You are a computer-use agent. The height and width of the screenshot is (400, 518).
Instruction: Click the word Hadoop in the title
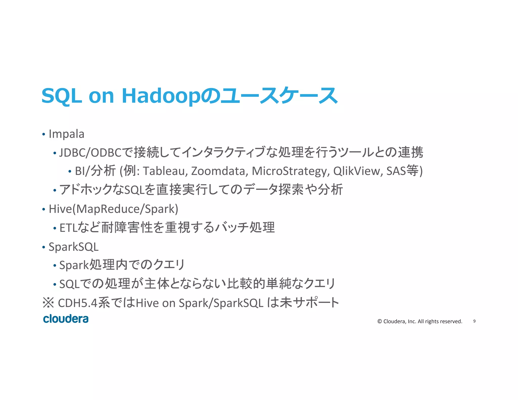pyautogui.click(x=161, y=96)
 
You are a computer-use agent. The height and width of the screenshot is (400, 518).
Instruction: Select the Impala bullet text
pyautogui.click(x=66, y=134)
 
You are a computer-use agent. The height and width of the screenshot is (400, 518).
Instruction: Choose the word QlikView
pyautogui.click(x=356, y=171)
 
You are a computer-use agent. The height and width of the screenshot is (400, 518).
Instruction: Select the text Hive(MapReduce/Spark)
pyautogui.click(x=113, y=209)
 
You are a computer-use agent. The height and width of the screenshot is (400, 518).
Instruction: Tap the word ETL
pyautogui.click(x=68, y=228)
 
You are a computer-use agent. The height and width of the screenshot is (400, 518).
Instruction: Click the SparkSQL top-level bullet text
pyautogui.click(x=73, y=247)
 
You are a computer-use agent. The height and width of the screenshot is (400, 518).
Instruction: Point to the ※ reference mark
pyautogui.click(x=48, y=303)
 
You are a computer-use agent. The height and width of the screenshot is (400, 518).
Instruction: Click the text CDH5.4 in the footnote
pyautogui.click(x=78, y=303)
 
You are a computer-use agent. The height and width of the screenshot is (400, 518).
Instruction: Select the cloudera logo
pyautogui.click(x=66, y=319)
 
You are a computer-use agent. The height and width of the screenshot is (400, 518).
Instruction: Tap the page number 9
pyautogui.click(x=474, y=321)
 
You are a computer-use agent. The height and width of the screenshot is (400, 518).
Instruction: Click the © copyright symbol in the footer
pyautogui.click(x=379, y=321)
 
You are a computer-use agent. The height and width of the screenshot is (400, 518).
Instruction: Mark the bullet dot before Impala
pyautogui.click(x=44, y=134)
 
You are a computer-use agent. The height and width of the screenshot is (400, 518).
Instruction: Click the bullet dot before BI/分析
pyautogui.click(x=70, y=171)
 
